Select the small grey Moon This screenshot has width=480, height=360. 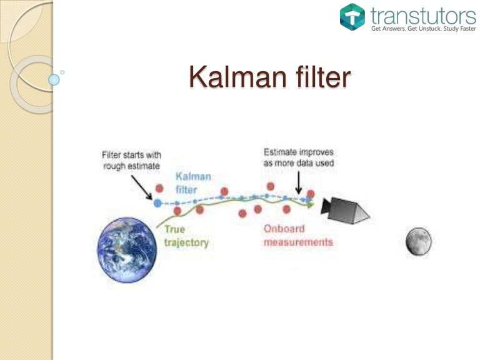tap(418, 241)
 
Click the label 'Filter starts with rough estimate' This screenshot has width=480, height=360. tap(131, 159)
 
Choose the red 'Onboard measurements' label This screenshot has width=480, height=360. tap(297, 235)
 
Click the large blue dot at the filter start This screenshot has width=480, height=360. tap(157, 202)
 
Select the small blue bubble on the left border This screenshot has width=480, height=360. tap(54, 79)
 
